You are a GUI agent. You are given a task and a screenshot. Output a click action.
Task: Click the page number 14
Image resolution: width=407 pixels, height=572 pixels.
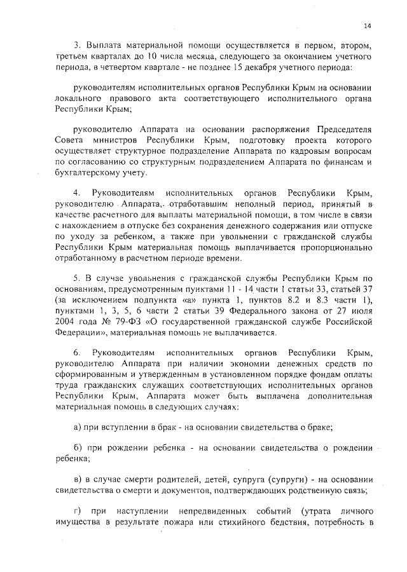(x=367, y=25)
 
